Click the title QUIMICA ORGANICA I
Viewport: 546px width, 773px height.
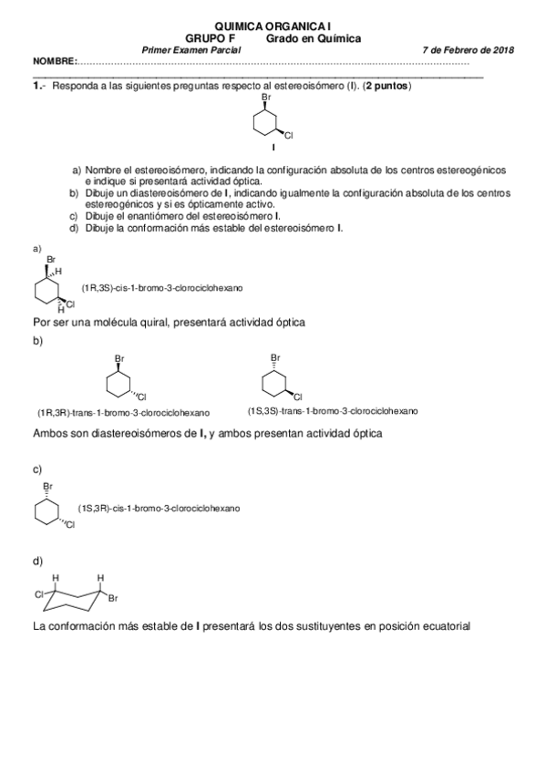click(273, 27)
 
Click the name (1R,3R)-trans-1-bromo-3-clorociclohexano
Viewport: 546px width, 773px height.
click(123, 411)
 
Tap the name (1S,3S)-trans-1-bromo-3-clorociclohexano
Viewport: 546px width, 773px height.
click(333, 410)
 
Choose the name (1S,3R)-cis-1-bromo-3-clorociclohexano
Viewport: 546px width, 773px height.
click(159, 507)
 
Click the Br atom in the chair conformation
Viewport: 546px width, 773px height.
click(113, 599)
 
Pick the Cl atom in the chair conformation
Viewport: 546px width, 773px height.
click(39, 594)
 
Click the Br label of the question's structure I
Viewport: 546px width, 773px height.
click(266, 96)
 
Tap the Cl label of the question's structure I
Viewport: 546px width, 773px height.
click(289, 136)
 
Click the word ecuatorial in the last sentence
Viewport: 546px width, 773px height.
click(442, 626)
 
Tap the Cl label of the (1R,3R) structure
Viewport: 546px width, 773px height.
click(142, 397)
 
